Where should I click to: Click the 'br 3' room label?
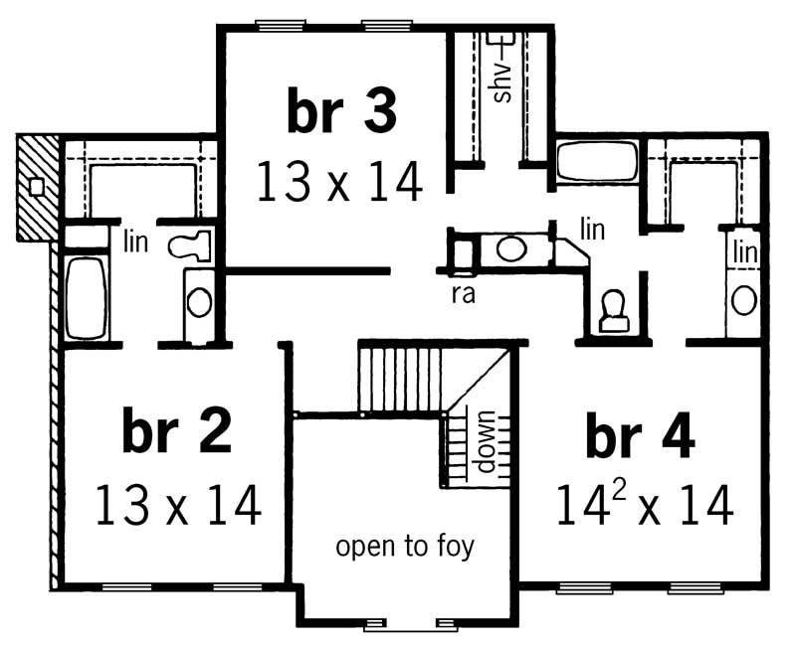[x=341, y=111]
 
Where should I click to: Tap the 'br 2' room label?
[x=177, y=431]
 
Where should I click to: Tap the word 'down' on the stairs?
[x=487, y=442]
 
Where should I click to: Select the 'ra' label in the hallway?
[x=460, y=295]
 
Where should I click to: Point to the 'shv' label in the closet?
[x=502, y=83]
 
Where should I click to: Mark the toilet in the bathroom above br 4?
[x=613, y=310]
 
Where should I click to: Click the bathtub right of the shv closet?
[x=595, y=161]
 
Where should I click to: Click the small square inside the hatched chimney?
[x=36, y=186]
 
